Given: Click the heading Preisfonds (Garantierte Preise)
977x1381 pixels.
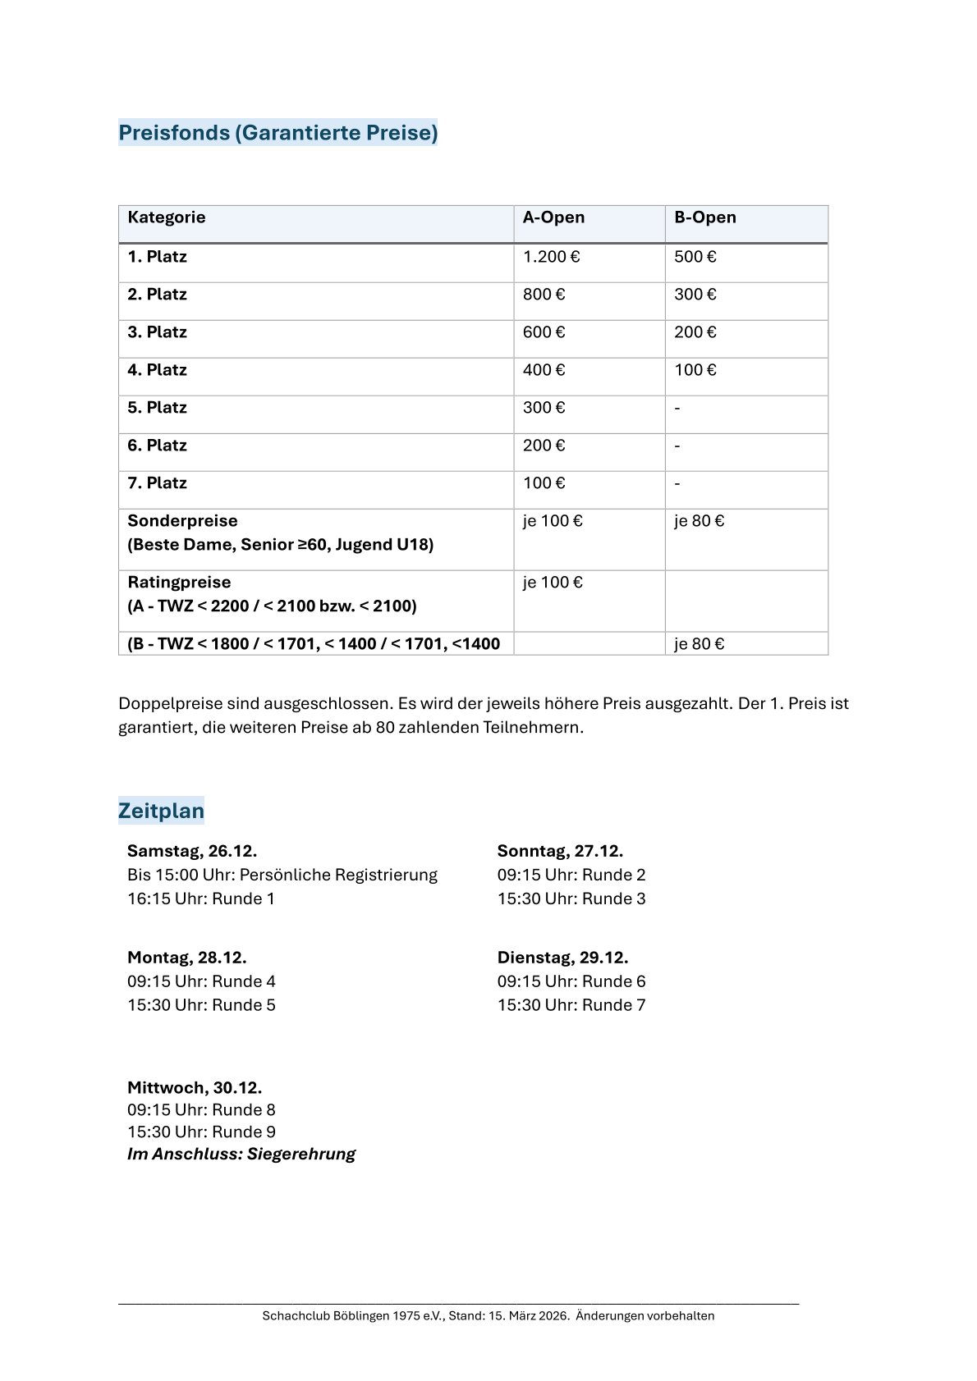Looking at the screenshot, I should pyautogui.click(x=278, y=132).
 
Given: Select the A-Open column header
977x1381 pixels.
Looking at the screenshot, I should pyautogui.click(x=553, y=217).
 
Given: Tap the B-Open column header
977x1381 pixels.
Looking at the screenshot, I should pyautogui.click(x=704, y=217).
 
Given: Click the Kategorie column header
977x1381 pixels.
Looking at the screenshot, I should pyautogui.click(x=167, y=217).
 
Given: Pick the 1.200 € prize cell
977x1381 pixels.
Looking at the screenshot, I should pyautogui.click(x=551, y=257).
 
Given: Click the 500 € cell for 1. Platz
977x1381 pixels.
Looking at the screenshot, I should pyautogui.click(x=695, y=257).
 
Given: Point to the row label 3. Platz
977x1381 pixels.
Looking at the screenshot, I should pyautogui.click(x=157, y=332).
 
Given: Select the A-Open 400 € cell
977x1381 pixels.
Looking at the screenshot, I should pyautogui.click(x=544, y=370).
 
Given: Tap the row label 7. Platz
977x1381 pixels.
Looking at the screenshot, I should pyautogui.click(x=157, y=483).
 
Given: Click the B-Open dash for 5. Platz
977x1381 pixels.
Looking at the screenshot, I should pyautogui.click(x=677, y=408).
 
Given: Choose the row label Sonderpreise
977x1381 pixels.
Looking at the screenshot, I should pyautogui.click(x=182, y=521).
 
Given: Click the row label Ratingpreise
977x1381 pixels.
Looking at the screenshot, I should pyautogui.click(x=179, y=583).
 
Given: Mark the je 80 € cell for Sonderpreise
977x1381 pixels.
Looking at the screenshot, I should pyautogui.click(x=699, y=521).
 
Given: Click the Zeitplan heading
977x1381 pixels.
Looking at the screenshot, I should pyautogui.click(x=161, y=811).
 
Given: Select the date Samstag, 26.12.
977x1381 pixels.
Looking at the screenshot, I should pyautogui.click(x=192, y=851).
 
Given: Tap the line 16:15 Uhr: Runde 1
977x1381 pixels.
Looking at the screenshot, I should pyautogui.click(x=201, y=899).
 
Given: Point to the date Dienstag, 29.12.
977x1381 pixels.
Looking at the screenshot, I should pyautogui.click(x=562, y=958).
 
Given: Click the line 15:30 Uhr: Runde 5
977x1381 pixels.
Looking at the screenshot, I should pyautogui.click(x=201, y=1005).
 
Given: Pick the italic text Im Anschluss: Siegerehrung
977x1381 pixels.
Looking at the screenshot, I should pyautogui.click(x=241, y=1155).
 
